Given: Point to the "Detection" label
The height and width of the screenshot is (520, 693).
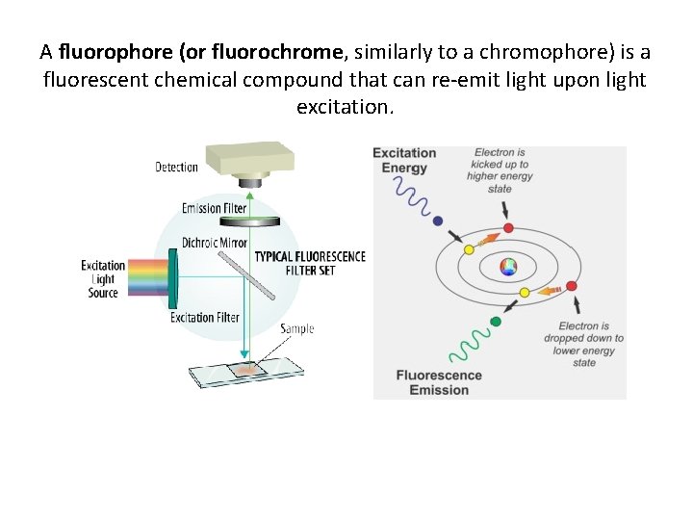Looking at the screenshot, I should (x=176, y=168).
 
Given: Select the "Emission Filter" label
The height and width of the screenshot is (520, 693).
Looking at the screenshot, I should (x=214, y=208).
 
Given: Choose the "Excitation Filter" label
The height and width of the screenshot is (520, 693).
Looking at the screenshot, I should (x=205, y=318).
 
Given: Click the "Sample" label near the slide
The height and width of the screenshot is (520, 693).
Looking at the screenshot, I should (x=297, y=329).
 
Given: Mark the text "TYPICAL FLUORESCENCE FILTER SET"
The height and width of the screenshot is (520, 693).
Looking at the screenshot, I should (x=310, y=263).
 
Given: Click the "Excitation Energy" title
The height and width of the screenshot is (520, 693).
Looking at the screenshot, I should (x=404, y=161).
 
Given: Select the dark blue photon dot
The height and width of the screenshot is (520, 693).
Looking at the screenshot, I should (x=439, y=221).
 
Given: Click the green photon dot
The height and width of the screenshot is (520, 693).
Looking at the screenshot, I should (x=496, y=321).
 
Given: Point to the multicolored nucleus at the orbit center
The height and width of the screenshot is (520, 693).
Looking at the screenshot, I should (x=508, y=267).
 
